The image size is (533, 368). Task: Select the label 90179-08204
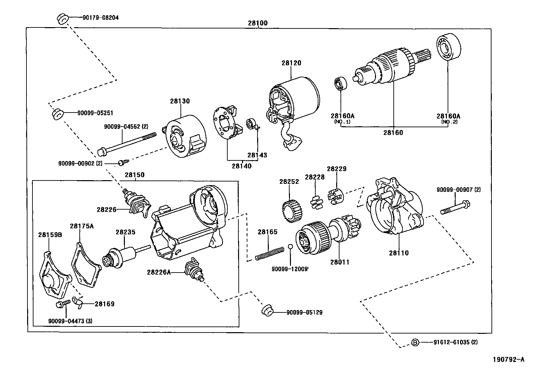click(x=100, y=18)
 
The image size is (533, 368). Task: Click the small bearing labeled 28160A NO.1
click(x=341, y=84)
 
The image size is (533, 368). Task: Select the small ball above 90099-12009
click(x=290, y=247)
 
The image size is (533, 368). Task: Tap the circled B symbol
click(x=415, y=342)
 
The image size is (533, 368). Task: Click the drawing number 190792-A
click(x=508, y=360)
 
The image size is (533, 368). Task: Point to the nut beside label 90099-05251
click(x=57, y=114)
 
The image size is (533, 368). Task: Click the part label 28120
click(x=291, y=63)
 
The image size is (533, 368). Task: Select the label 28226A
click(x=158, y=272)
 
